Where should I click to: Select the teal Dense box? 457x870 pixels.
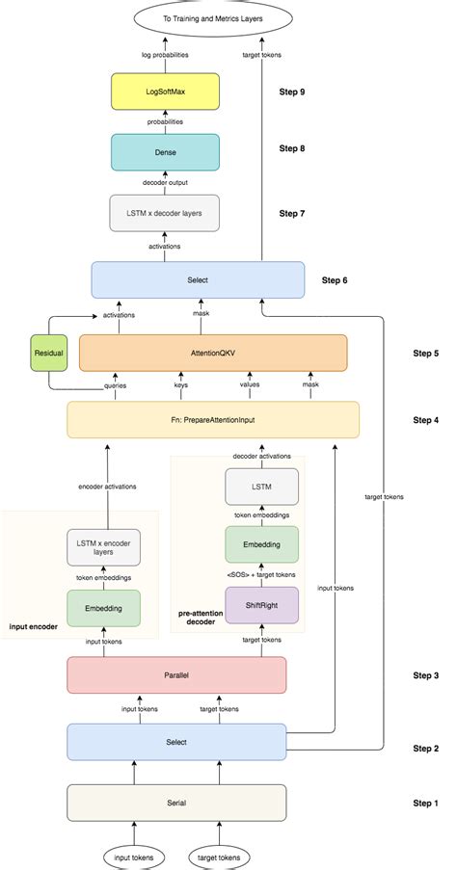[x=165, y=151]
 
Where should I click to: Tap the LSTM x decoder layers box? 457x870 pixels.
[x=165, y=212]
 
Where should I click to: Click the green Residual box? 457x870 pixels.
[x=48, y=354]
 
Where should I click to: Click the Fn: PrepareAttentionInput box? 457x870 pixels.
[x=212, y=420]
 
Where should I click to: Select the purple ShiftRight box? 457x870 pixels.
[x=261, y=605]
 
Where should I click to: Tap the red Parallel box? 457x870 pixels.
[x=175, y=675]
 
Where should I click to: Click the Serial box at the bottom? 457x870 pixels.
[x=175, y=803]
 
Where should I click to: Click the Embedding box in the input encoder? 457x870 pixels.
[x=103, y=608]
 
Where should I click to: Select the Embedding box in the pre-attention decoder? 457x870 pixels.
[x=261, y=545]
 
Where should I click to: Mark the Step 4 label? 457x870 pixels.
[x=425, y=420]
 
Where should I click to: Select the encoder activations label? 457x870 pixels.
[x=107, y=487]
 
